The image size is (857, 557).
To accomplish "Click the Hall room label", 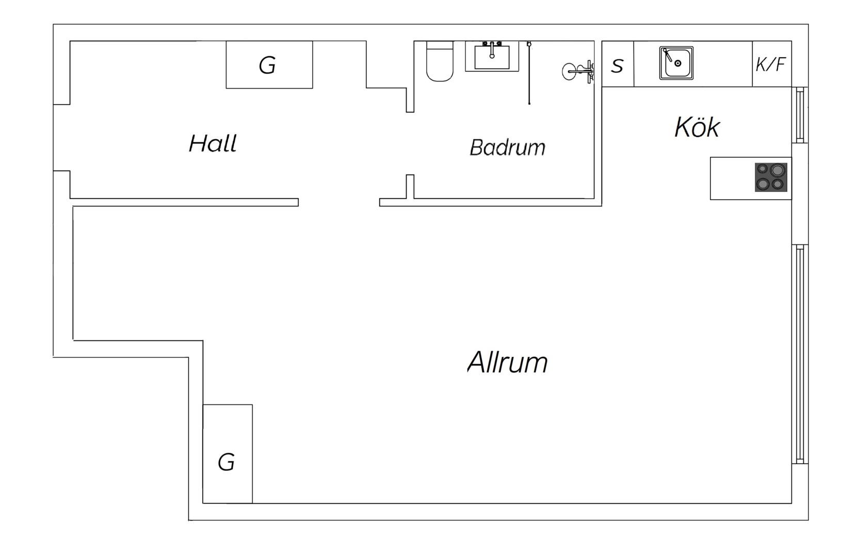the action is coord(213,143).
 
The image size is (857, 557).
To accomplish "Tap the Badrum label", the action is coord(508,148).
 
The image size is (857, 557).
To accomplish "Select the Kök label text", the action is coord(697,127).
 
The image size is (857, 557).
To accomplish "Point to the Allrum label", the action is coord(508,362).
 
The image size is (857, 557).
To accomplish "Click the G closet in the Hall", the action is coord(269,64).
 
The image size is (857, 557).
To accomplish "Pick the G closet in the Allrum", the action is coord(228,454).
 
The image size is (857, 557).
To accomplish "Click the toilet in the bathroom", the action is coord(440,61).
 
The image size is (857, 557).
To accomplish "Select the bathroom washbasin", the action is coord(492,57).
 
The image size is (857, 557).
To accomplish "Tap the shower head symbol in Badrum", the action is coord(578,72).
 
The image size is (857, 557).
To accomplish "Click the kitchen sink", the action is coord(676,63).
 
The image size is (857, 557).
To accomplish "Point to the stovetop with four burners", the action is coord(771,177).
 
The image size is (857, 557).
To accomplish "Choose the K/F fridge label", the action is coord(770,64).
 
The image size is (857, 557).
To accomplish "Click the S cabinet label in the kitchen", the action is coord(617,66).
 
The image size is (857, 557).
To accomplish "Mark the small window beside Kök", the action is coord(800,115).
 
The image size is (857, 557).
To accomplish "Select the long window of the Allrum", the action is coord(800,354).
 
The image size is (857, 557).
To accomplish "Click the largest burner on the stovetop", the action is coord(778,170).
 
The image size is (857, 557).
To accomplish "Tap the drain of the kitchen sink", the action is coord(678,63).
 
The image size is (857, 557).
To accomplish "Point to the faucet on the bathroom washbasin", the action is coord(492,50).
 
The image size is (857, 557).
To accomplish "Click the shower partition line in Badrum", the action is coord(529,73).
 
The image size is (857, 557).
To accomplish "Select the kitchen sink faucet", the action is coord(668,55).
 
